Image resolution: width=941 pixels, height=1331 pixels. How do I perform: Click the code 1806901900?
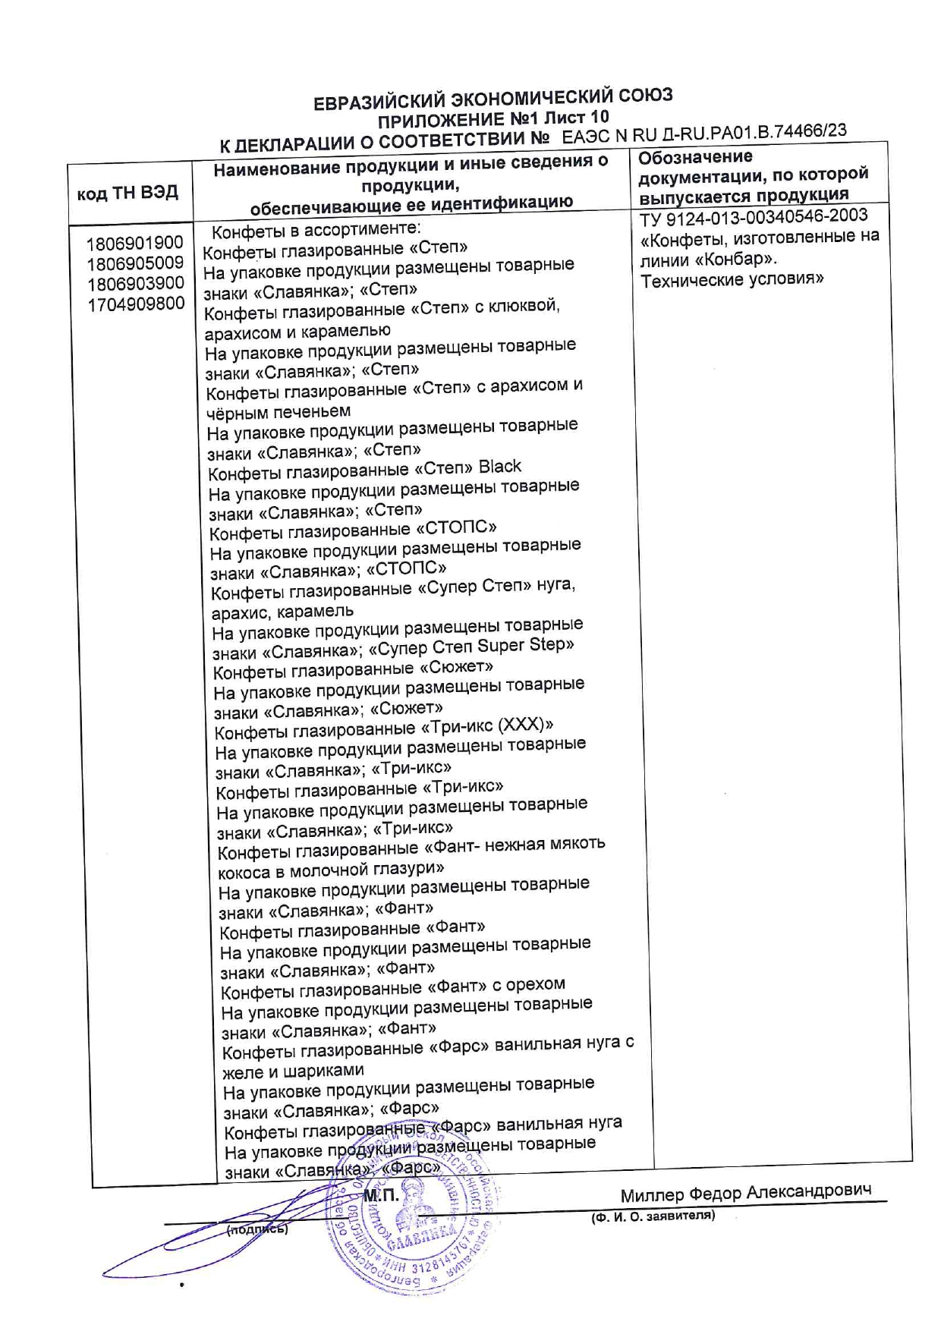click(x=135, y=244)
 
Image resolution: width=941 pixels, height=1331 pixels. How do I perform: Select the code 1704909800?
click(x=136, y=304)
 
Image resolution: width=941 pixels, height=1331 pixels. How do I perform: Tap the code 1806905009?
click(x=135, y=263)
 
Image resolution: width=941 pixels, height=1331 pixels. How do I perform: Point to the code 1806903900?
click(x=135, y=284)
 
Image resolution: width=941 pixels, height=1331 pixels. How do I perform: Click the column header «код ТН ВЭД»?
click(x=127, y=193)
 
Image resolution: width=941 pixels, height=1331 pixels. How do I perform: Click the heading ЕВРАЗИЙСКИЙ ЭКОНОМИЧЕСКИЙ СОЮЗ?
click(x=493, y=99)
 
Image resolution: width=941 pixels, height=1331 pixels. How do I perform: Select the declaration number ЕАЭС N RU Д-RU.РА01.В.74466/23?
click(x=705, y=134)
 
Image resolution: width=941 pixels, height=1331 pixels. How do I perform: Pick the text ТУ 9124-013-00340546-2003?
click(x=754, y=216)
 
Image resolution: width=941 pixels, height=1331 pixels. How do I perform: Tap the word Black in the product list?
click(x=499, y=466)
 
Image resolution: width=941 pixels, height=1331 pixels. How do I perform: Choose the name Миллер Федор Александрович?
click(x=745, y=1193)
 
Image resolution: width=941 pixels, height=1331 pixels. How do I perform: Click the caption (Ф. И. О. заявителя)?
click(x=653, y=1216)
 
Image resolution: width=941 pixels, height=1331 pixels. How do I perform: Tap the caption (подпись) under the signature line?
click(x=257, y=1229)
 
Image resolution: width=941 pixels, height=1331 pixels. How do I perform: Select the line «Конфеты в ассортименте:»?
click(x=316, y=230)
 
